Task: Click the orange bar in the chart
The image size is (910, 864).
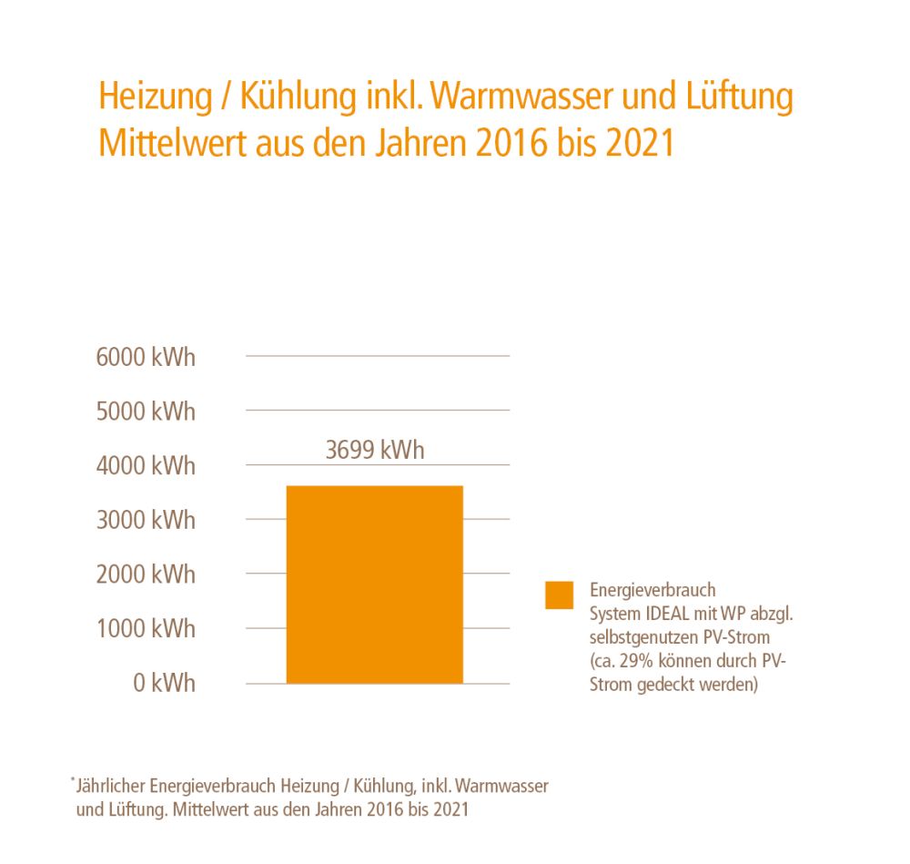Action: [374, 584]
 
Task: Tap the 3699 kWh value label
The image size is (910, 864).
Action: [375, 450]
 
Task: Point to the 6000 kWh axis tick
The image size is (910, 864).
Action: [146, 357]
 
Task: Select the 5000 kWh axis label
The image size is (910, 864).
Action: [146, 412]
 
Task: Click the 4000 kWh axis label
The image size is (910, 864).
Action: [146, 466]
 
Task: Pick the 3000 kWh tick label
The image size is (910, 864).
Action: [146, 520]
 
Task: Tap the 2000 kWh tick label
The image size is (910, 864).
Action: [146, 574]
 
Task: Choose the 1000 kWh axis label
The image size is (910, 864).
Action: [146, 628]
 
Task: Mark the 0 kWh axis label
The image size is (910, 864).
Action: [165, 683]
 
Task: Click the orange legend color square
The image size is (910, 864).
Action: [560, 595]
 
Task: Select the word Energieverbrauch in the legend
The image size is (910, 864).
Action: [652, 589]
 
